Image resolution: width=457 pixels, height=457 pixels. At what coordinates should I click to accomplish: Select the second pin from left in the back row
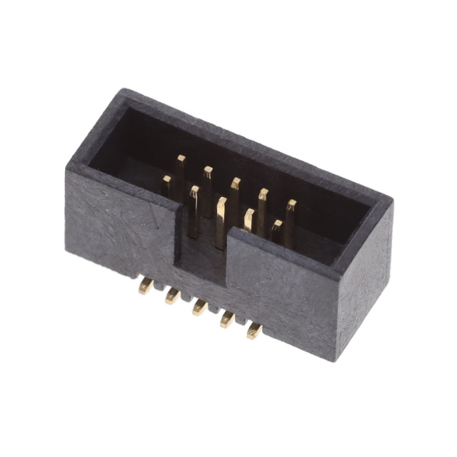pyautogui.click(x=208, y=175)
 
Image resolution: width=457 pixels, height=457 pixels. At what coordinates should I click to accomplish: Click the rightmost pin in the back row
pyautogui.click(x=290, y=210)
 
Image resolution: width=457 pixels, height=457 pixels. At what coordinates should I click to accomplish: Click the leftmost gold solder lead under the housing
pyautogui.click(x=146, y=287)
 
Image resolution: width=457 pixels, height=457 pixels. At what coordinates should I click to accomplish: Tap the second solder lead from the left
pyautogui.click(x=172, y=296)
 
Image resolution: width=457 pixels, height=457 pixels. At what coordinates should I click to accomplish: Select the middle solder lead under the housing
pyautogui.click(x=199, y=308)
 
